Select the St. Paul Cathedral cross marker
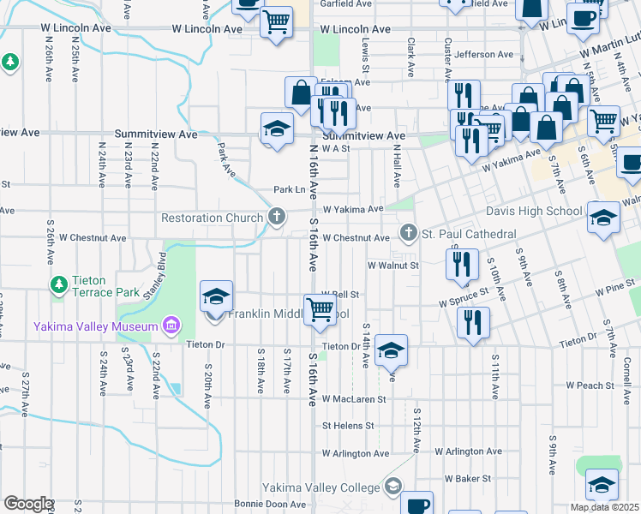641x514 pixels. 409,234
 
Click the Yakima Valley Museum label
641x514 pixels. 94,326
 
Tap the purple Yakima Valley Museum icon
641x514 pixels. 171,326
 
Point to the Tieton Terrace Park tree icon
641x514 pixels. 59,284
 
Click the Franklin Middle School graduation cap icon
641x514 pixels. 216,297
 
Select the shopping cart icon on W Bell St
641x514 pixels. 320,308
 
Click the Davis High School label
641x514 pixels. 533,211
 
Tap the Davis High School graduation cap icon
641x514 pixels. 603,218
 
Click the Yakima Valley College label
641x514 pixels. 320,487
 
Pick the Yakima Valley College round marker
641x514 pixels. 393,487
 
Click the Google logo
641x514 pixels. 28,504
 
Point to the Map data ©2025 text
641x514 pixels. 604,507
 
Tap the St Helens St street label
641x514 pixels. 348,425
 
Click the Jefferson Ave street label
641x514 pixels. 485,55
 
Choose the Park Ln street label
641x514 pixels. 290,189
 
